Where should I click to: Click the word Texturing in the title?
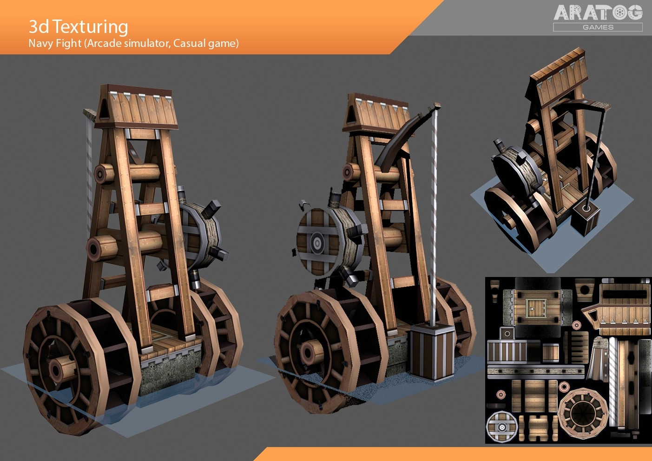point(90,27)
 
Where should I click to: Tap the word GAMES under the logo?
point(598,27)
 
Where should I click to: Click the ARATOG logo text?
point(598,13)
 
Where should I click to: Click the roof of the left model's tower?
point(136,107)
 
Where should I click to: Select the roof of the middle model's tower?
point(377,114)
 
